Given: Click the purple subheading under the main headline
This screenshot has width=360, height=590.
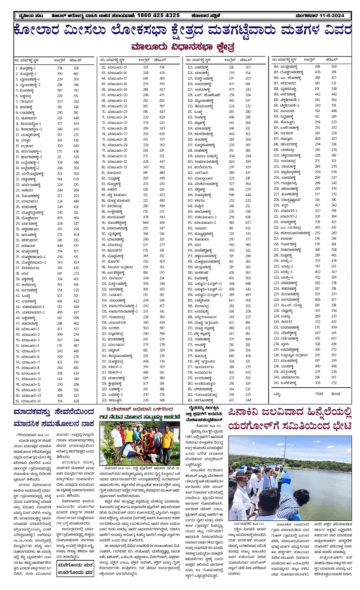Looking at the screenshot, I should tap(182, 47).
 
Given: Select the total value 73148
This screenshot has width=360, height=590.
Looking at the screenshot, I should tap(319, 394).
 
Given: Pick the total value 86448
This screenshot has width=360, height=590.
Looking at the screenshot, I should tap(336, 394).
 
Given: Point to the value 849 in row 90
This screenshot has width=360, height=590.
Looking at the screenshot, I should tap(146, 223).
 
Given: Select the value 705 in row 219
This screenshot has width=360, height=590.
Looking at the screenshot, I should tap(317, 261).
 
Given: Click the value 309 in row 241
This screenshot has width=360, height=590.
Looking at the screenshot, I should tap(317, 383).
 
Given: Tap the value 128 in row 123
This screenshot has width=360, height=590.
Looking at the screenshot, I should tap(232, 67).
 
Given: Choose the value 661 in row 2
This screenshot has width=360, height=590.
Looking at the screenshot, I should tap(76, 74).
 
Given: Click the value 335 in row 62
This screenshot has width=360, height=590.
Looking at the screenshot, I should tap(146, 67).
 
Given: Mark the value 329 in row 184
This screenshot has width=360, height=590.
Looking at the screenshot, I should tap(334, 67).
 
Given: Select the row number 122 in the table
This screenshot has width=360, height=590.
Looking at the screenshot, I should tap(104, 400).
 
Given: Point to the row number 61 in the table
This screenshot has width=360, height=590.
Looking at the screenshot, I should tap(18, 401).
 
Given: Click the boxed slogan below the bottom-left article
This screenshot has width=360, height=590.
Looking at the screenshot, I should tap(75, 568).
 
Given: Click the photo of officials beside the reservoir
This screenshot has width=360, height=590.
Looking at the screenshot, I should tap(290, 478).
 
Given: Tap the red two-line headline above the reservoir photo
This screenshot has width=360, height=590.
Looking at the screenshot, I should tap(290, 418).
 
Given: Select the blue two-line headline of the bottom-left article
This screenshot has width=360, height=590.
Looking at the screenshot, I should tap(53, 418).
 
